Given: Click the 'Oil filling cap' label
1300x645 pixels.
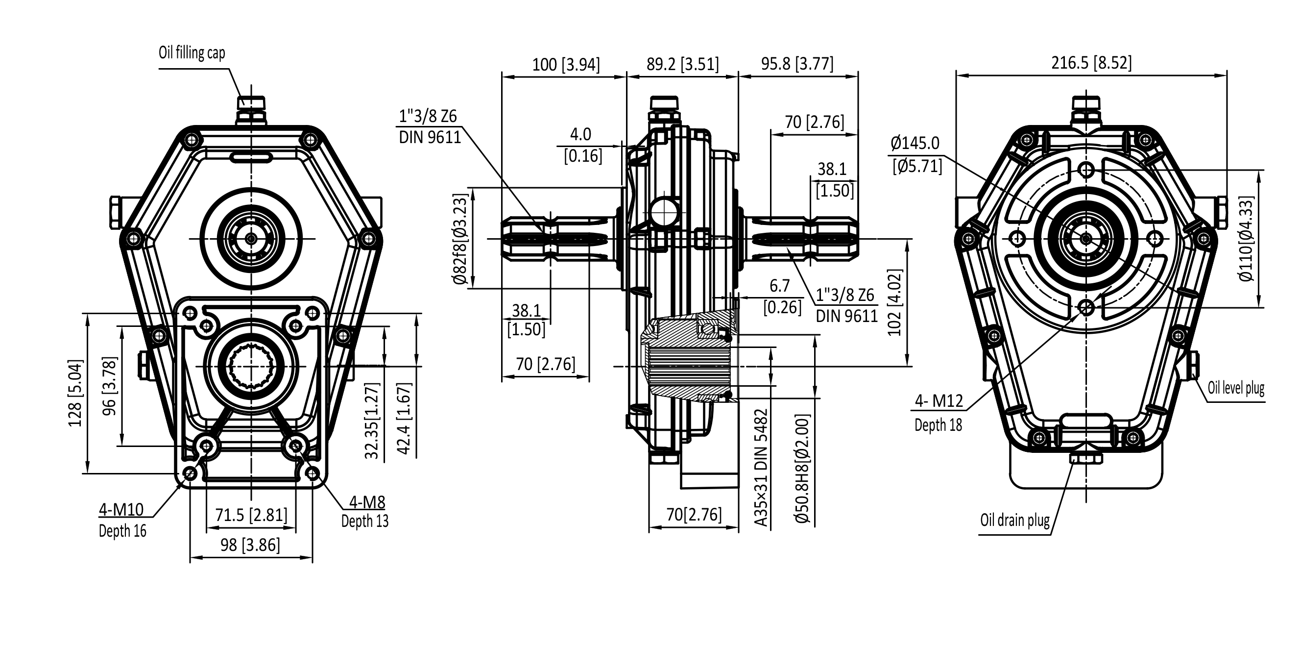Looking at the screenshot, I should pyautogui.click(x=192, y=52).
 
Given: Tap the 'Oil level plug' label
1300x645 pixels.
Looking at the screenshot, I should pyautogui.click(x=1236, y=388).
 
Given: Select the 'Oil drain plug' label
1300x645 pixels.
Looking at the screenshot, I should pyautogui.click(x=1014, y=520).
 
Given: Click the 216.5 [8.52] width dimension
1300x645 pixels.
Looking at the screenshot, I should pyautogui.click(x=1091, y=63).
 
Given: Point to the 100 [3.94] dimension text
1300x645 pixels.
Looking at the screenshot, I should pyautogui.click(x=566, y=65).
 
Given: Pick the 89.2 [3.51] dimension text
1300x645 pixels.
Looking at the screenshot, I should pyautogui.click(x=682, y=65).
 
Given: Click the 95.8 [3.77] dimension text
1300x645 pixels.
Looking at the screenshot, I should pyautogui.click(x=797, y=64).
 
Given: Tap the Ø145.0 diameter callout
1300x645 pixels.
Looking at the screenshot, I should pyautogui.click(x=915, y=144).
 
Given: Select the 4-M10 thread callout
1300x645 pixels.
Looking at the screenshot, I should pyautogui.click(x=121, y=510).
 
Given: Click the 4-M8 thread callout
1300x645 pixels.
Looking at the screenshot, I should pyautogui.click(x=367, y=502).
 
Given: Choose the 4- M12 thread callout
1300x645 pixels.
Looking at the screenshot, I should pyautogui.click(x=939, y=401).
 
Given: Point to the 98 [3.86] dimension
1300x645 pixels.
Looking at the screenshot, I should pyautogui.click(x=250, y=545).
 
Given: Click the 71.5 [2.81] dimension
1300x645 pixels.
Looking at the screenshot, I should pyautogui.click(x=251, y=515).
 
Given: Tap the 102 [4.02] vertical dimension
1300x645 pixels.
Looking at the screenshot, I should pyautogui.click(x=894, y=302).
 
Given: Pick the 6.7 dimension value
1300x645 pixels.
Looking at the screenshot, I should pyautogui.click(x=779, y=286).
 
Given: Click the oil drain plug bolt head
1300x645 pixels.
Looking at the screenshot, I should pyautogui.click(x=1086, y=459).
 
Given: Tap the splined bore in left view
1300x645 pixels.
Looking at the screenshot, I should pyautogui.click(x=251, y=365).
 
